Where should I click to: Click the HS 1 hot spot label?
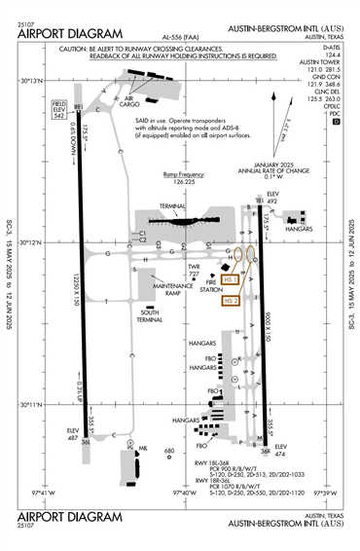point(231,280)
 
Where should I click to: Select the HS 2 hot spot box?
point(231,302)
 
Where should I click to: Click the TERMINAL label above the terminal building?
point(172,206)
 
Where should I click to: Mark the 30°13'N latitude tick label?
point(33,81)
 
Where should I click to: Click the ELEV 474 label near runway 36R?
point(281,452)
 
